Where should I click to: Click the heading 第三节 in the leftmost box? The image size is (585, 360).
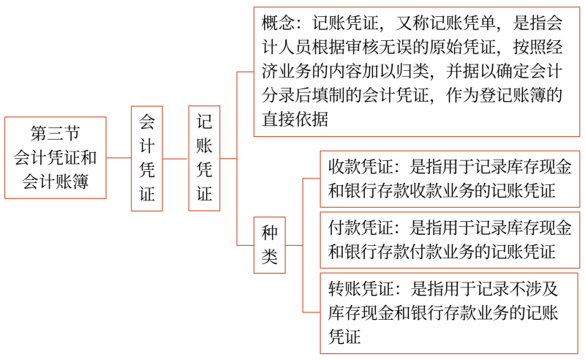56,133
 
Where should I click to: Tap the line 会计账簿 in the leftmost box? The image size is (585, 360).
56,182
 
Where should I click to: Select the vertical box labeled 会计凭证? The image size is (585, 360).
147,158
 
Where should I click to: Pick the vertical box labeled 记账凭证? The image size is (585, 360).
204,158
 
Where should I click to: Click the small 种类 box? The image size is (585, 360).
269,245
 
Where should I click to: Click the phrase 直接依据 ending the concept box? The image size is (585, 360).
295,119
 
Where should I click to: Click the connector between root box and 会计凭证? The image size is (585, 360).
118,157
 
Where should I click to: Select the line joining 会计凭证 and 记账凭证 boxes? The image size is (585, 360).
175,159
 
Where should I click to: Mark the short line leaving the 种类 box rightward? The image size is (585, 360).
294,245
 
